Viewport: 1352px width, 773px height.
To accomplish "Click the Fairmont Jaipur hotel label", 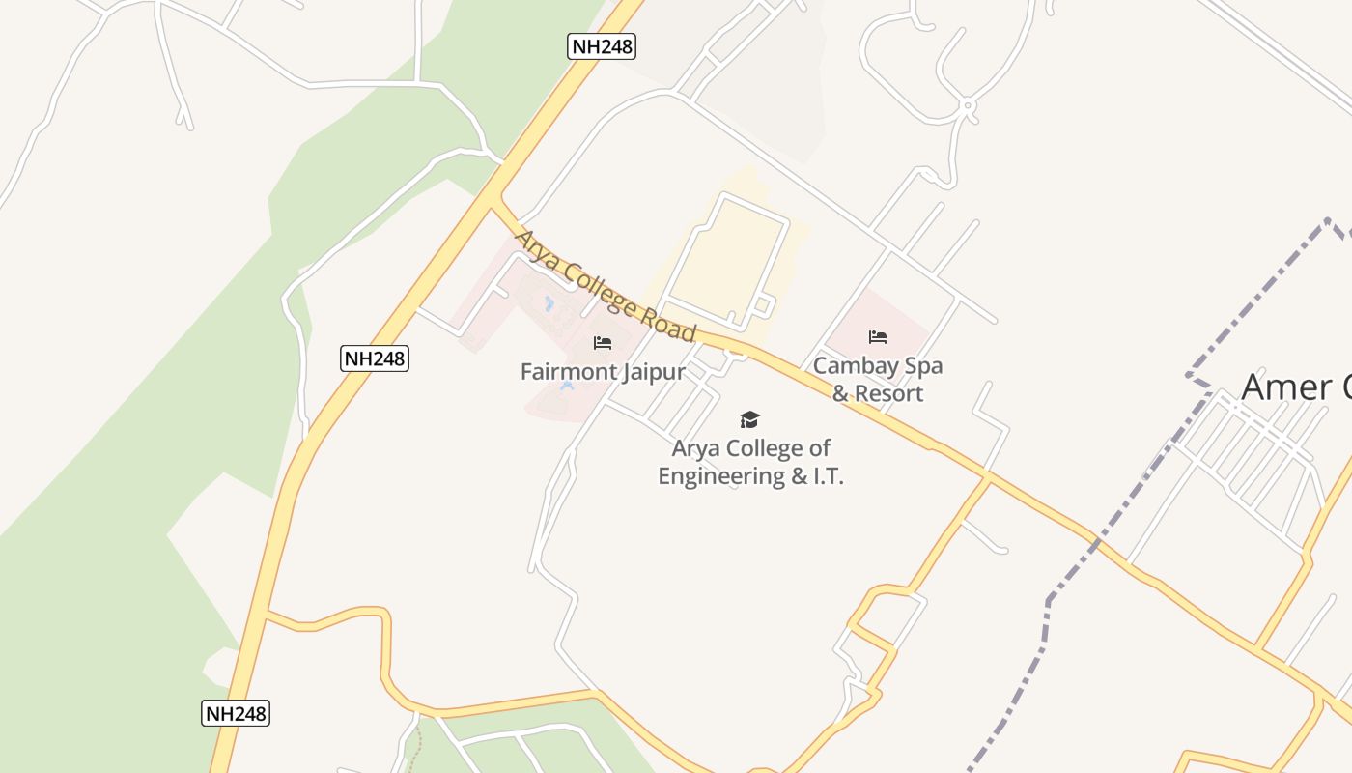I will point(603,372).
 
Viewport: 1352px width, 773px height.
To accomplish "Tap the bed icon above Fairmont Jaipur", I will point(603,343).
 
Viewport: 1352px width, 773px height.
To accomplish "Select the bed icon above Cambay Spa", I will point(878,337).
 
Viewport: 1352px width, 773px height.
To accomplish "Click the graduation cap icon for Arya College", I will point(749,419).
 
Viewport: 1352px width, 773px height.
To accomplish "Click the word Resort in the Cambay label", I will point(888,393).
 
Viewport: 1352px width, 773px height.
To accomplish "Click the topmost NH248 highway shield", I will point(601,45).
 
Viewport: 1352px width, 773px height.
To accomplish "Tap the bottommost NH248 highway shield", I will point(236,714).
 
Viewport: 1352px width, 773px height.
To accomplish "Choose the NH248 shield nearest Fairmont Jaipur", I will point(375,358).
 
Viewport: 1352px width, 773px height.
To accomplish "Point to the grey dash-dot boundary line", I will point(1048,618).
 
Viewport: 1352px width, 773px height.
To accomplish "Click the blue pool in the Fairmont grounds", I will point(549,305).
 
